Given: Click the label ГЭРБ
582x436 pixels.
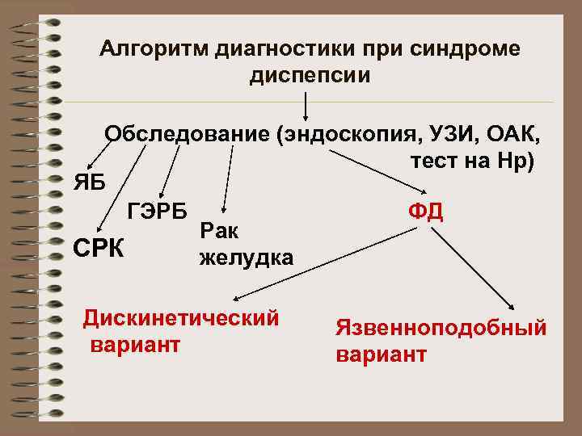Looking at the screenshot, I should click(157, 212).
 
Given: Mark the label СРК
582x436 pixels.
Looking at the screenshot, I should click(99, 246).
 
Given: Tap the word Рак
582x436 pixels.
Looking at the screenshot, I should click(218, 232).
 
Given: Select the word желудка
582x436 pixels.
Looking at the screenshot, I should click(246, 258).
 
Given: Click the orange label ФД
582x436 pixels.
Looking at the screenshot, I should click(425, 212).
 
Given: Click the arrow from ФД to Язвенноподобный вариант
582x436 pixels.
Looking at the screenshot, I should click(474, 270).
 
